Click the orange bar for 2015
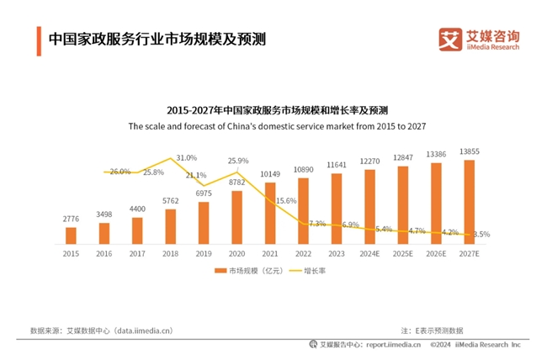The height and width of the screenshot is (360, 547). (x=71, y=235)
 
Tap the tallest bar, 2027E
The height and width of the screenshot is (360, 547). (x=469, y=201)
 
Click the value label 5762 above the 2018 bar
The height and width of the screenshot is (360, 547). (x=170, y=201)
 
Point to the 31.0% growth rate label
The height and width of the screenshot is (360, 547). (x=187, y=157)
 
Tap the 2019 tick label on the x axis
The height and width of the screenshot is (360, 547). (x=204, y=251)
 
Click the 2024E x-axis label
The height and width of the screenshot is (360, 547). (x=369, y=251)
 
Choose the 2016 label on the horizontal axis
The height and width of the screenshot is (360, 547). (x=104, y=251)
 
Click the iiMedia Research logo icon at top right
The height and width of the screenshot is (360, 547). (x=451, y=39)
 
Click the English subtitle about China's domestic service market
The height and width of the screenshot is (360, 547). (x=277, y=127)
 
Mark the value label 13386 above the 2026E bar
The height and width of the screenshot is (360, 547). (x=436, y=154)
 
